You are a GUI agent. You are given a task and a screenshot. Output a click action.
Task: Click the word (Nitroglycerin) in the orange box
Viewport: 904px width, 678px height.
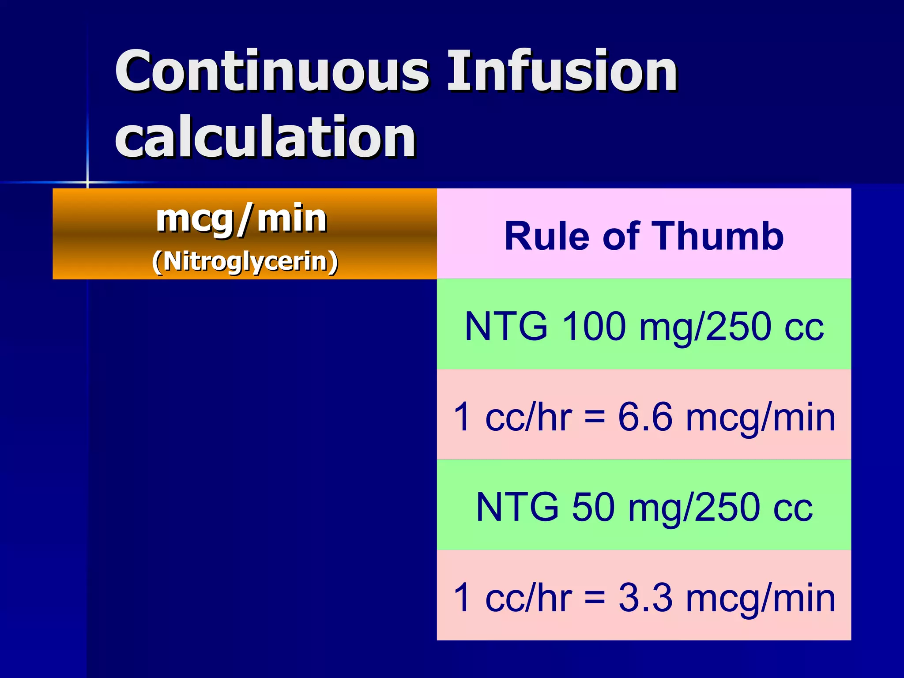(x=245, y=261)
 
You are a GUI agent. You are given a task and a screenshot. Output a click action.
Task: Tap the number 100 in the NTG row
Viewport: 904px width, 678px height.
(x=594, y=327)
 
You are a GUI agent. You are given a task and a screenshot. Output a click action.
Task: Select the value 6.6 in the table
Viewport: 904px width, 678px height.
(x=645, y=417)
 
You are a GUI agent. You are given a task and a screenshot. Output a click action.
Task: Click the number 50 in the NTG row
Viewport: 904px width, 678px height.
(x=593, y=508)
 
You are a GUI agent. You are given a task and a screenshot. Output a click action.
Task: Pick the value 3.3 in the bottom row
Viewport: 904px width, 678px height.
(x=645, y=598)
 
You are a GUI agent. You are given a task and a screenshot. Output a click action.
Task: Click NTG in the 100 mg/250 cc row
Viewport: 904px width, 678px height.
(x=506, y=327)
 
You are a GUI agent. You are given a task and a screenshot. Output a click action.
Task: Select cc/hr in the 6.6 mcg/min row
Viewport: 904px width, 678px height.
(x=528, y=417)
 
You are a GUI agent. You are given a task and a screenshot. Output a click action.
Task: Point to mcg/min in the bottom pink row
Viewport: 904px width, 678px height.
(x=760, y=598)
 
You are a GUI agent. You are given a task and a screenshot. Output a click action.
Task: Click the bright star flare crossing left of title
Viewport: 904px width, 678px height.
(x=87, y=182)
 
